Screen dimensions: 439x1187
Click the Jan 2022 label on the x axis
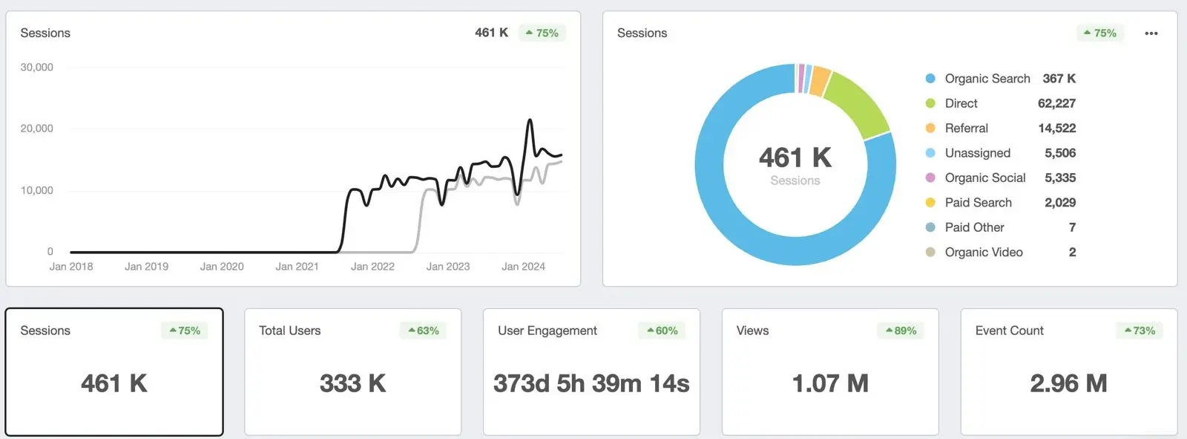pyautogui.click(x=372, y=266)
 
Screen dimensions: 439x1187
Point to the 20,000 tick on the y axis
pyautogui.click(x=37, y=129)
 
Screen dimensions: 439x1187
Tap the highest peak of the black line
pyautogui.click(x=530, y=120)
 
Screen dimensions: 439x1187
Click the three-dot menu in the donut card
pyautogui.click(x=1151, y=33)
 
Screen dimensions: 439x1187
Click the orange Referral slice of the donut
pyautogui.click(x=820, y=81)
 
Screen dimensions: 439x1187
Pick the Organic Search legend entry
pyautogui.click(x=987, y=79)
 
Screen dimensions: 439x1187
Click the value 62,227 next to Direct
pyautogui.click(x=1056, y=103)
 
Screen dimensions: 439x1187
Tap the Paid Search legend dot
pyautogui.click(x=930, y=203)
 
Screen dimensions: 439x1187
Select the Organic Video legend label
pyautogui.click(x=984, y=253)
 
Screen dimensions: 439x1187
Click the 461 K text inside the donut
pyautogui.click(x=795, y=157)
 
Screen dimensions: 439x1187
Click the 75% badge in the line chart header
pyautogui.click(x=542, y=33)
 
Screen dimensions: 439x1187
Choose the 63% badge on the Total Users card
pyautogui.click(x=423, y=331)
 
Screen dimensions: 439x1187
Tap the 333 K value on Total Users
pyautogui.click(x=352, y=383)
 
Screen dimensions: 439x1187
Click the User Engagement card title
pyautogui.click(x=548, y=331)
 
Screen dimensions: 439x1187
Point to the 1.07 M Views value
pyautogui.click(x=830, y=383)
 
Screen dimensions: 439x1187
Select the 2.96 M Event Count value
pyautogui.click(x=1068, y=383)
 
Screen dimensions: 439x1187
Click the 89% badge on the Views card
pyautogui.click(x=901, y=331)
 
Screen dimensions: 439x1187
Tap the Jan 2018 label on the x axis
pyautogui.click(x=71, y=266)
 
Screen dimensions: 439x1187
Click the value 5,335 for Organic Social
pyautogui.click(x=1060, y=178)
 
